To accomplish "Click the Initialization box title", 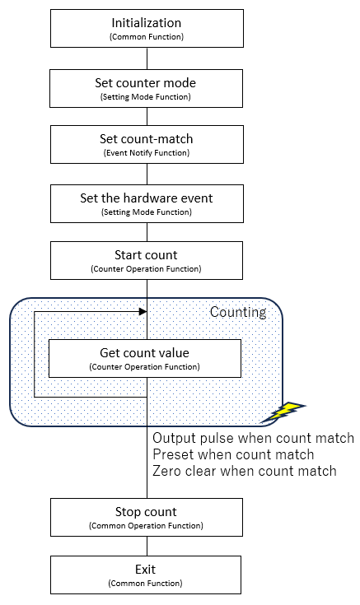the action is coord(147,23).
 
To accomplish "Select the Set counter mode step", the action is coord(147,88).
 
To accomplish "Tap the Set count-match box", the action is coord(147,144).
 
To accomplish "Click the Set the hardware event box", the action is coord(147,204).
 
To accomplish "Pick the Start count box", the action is coord(147,260).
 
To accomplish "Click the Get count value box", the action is coord(145,358).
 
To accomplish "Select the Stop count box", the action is coord(147,517).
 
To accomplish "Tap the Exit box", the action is coord(146,575).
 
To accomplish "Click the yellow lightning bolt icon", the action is coord(283,412).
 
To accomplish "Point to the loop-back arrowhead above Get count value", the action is coord(143,311).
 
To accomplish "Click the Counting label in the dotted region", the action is coord(238,312).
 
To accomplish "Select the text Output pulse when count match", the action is coord(254,438).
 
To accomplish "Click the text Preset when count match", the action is coord(233,454).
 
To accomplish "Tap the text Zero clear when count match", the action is coord(245,471).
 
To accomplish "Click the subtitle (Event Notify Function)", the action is coord(147,153).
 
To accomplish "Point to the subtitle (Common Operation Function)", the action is coord(146,525).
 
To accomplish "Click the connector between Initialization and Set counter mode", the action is coord(147,58).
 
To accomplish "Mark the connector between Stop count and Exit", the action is coord(147,546).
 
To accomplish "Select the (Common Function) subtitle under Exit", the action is coord(145,583).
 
